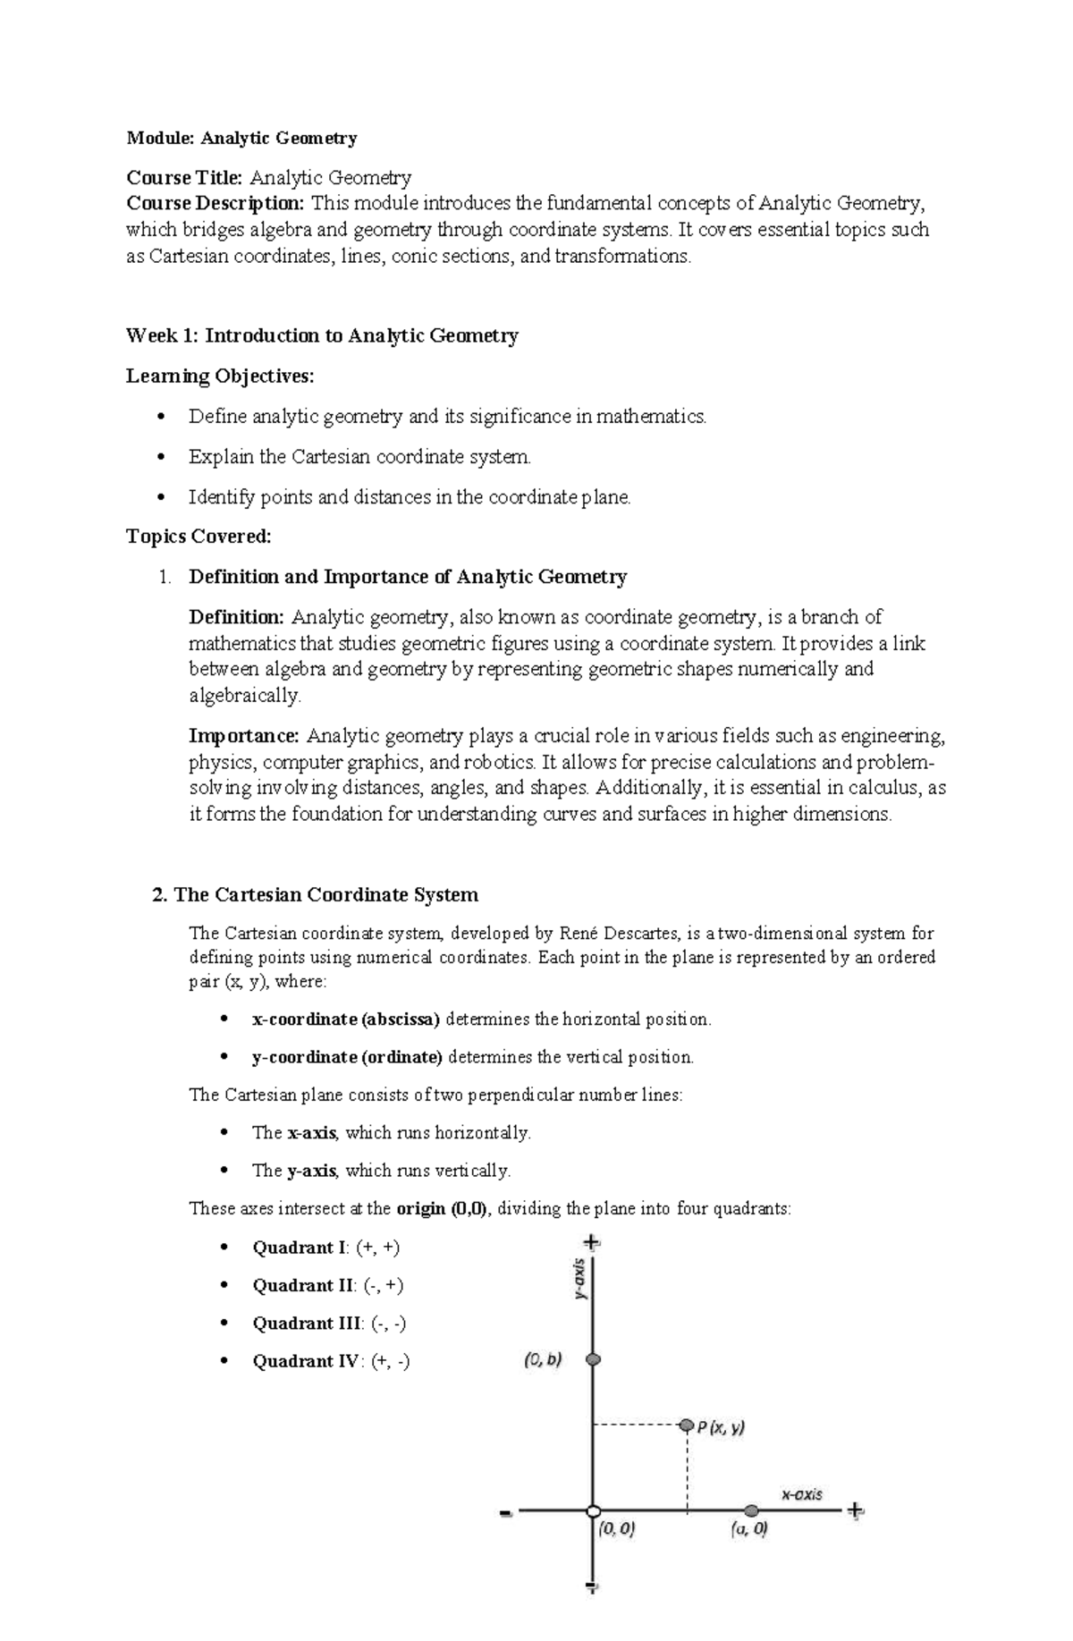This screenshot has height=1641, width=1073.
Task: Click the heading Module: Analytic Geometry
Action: (241, 138)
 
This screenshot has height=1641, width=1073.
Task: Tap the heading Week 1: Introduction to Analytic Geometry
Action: (322, 335)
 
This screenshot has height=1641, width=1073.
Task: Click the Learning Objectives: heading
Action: (220, 376)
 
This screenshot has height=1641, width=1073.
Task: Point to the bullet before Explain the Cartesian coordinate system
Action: (161, 457)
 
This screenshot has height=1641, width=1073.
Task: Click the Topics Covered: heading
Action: (198, 536)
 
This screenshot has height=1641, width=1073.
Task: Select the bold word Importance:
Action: (244, 736)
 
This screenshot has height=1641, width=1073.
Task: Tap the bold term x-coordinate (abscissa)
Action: (346, 1019)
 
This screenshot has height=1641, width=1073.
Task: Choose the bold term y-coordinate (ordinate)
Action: (347, 1057)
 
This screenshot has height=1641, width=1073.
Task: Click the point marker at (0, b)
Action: (593, 1359)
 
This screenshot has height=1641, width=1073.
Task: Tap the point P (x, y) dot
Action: (686, 1425)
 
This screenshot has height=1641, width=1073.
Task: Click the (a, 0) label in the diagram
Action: (749, 1529)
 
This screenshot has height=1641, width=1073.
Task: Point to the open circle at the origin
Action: (592, 1511)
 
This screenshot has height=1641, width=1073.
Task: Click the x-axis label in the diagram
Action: (802, 1494)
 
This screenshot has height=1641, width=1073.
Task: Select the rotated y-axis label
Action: (580, 1280)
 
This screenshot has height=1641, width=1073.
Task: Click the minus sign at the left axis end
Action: (506, 1513)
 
